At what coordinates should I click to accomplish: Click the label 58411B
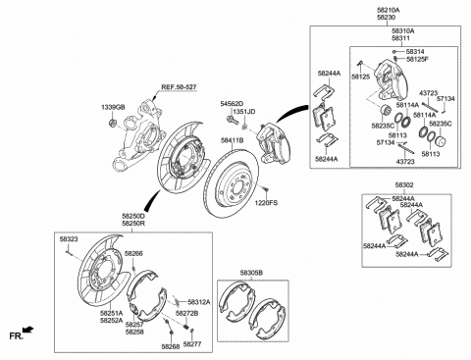pos(232,140)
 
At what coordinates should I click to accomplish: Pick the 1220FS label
pos(267,202)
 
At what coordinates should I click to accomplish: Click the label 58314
pos(417,51)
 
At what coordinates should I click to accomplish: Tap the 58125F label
pos(419,60)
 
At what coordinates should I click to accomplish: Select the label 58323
pos(69,238)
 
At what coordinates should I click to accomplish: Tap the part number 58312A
pos(197,302)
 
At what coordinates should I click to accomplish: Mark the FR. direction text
pos(16,335)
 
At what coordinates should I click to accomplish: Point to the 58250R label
pos(132,224)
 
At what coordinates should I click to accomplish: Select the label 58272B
pos(185,313)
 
